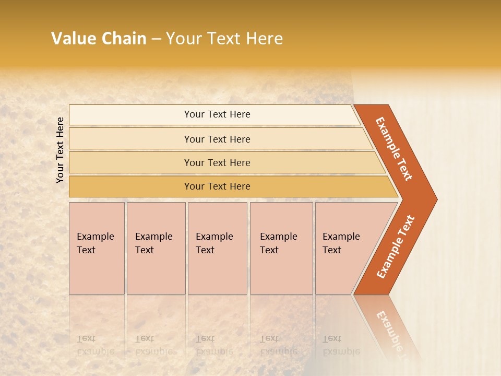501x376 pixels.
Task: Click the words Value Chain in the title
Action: (x=99, y=39)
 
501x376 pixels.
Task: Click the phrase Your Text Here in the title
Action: (x=224, y=39)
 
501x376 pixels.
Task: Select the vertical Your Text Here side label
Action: (x=60, y=150)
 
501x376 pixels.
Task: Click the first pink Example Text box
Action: (x=97, y=248)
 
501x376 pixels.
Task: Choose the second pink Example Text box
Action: (x=156, y=248)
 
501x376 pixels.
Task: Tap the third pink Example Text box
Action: (x=217, y=248)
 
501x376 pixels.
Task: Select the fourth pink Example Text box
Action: (x=281, y=248)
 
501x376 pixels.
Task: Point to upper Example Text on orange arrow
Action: (x=394, y=149)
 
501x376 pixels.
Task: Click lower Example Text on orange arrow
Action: (x=395, y=247)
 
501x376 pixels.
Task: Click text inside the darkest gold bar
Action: (x=217, y=186)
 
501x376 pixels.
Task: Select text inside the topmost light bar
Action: (x=217, y=114)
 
